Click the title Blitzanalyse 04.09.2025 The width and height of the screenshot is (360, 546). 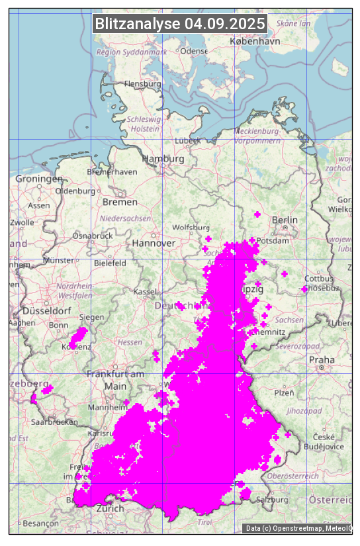click(x=180, y=24)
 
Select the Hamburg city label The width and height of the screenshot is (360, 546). click(x=163, y=159)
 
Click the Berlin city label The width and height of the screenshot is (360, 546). click(x=285, y=220)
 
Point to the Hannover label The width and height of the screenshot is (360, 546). click(x=154, y=243)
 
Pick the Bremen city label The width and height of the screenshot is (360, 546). click(x=120, y=202)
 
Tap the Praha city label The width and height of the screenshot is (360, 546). click(x=322, y=360)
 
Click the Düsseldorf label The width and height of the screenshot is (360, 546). click(x=46, y=310)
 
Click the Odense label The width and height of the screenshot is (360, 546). click(x=193, y=51)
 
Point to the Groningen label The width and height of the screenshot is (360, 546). click(x=39, y=179)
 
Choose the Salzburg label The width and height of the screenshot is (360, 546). click(x=273, y=500)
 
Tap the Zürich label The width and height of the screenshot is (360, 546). click(x=110, y=509)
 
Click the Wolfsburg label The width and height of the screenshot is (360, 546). click(x=191, y=227)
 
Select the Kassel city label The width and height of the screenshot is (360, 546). click(x=144, y=291)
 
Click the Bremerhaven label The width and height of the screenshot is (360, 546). click(x=112, y=172)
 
